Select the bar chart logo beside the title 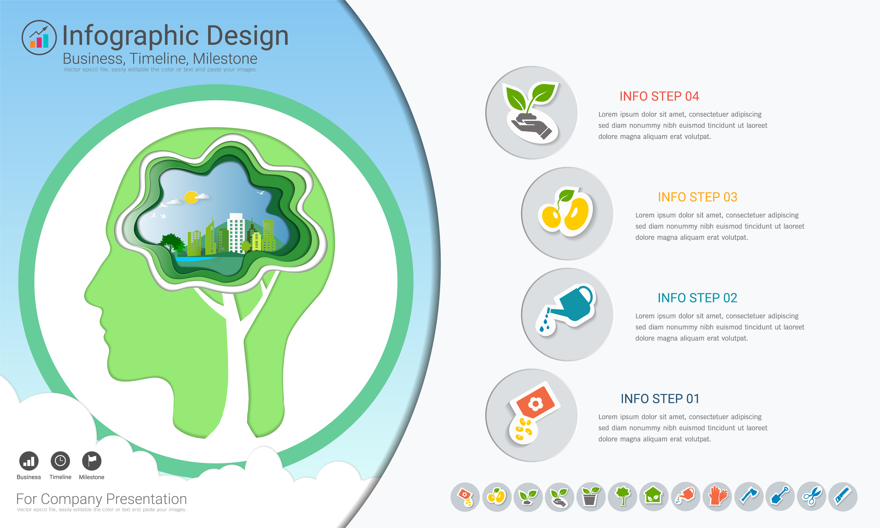[x=39, y=37]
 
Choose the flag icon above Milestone [x=92, y=461]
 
